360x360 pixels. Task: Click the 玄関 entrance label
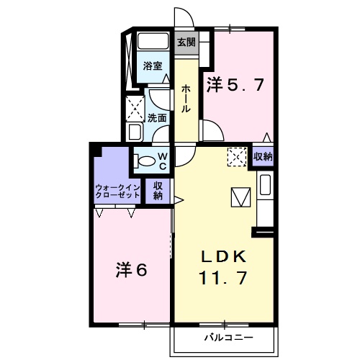click(x=186, y=42)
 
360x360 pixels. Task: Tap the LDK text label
click(x=224, y=256)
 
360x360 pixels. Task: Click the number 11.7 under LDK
click(x=224, y=276)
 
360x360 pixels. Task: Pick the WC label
click(x=163, y=161)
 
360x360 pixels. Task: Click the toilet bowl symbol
click(x=145, y=161)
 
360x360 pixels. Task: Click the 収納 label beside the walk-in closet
click(x=158, y=190)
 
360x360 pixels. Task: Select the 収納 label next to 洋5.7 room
click(x=263, y=156)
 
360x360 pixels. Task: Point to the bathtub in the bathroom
click(x=152, y=41)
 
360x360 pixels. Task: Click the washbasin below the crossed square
click(x=135, y=132)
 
